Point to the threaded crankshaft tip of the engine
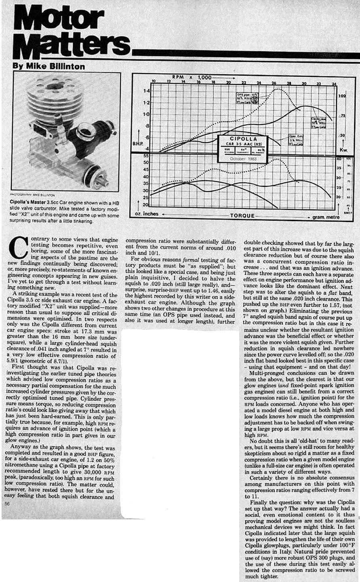100,179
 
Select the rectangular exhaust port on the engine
40,129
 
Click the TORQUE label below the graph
242,215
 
